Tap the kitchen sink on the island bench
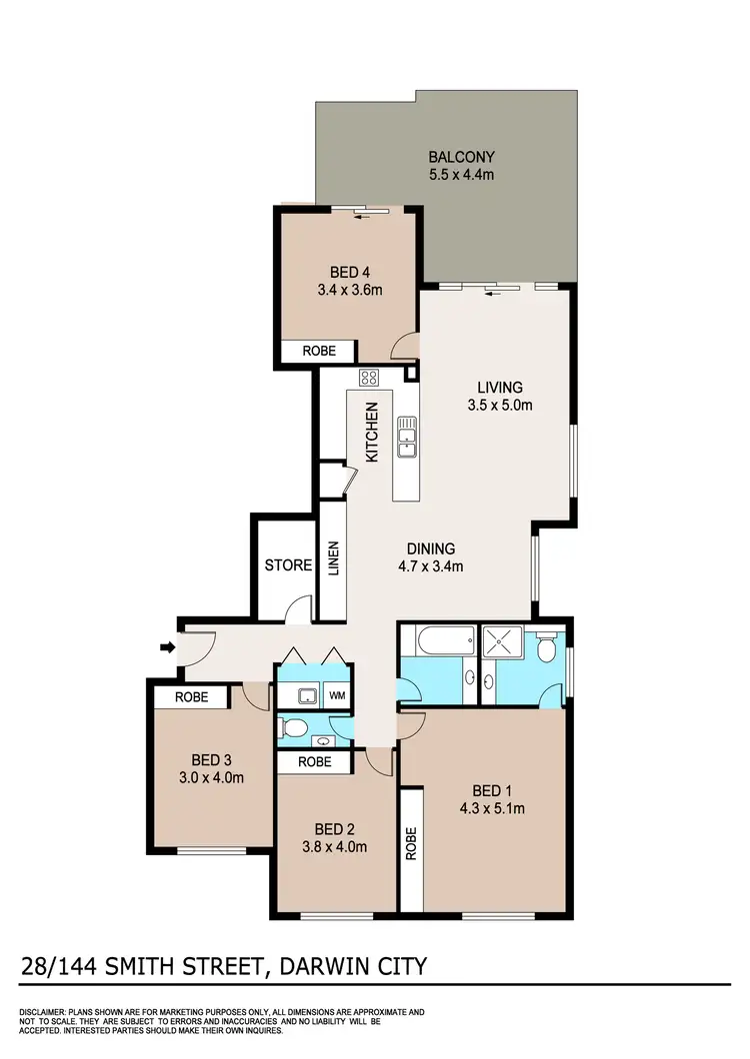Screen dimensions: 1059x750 pyautogui.click(x=406, y=437)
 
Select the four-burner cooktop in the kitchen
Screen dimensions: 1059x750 pyautogui.click(x=368, y=378)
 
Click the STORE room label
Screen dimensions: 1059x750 pyautogui.click(x=288, y=565)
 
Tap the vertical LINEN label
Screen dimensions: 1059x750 pyautogui.click(x=333, y=558)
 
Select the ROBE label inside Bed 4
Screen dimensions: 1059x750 pyautogui.click(x=315, y=352)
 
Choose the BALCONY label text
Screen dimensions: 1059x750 pyautogui.click(x=461, y=157)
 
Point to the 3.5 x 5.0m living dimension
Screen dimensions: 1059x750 pyautogui.click(x=500, y=406)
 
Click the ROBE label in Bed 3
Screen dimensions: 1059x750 pyautogui.click(x=191, y=696)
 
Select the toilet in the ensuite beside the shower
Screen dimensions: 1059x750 pyautogui.click(x=545, y=650)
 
